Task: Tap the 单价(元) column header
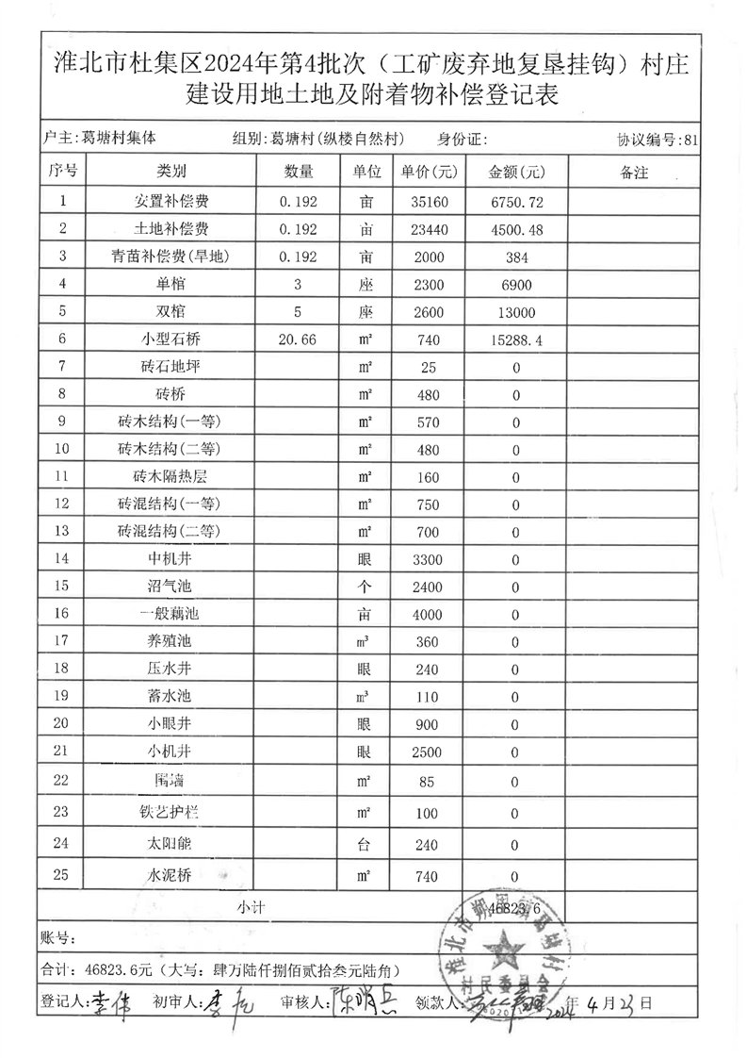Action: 430,173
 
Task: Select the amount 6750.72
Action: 517,201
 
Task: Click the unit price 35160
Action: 427,201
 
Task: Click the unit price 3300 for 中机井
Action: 427,559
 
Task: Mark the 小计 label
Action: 250,906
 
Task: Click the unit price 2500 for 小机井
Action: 427,752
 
